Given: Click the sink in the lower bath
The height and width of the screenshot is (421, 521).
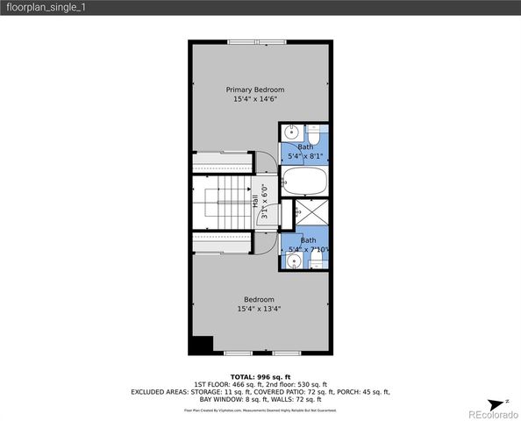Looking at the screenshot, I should (295, 260).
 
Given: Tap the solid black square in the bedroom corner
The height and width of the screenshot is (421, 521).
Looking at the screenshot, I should (202, 345).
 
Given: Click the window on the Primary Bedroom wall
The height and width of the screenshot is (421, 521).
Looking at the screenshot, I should (255, 40).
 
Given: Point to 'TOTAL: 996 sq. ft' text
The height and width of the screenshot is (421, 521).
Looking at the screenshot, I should (260, 376).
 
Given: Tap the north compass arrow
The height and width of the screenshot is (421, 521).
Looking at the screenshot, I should (505, 402).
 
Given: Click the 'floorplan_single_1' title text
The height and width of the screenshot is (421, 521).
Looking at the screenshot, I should (46, 7).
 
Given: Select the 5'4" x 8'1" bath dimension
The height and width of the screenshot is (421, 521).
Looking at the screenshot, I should (306, 156).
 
